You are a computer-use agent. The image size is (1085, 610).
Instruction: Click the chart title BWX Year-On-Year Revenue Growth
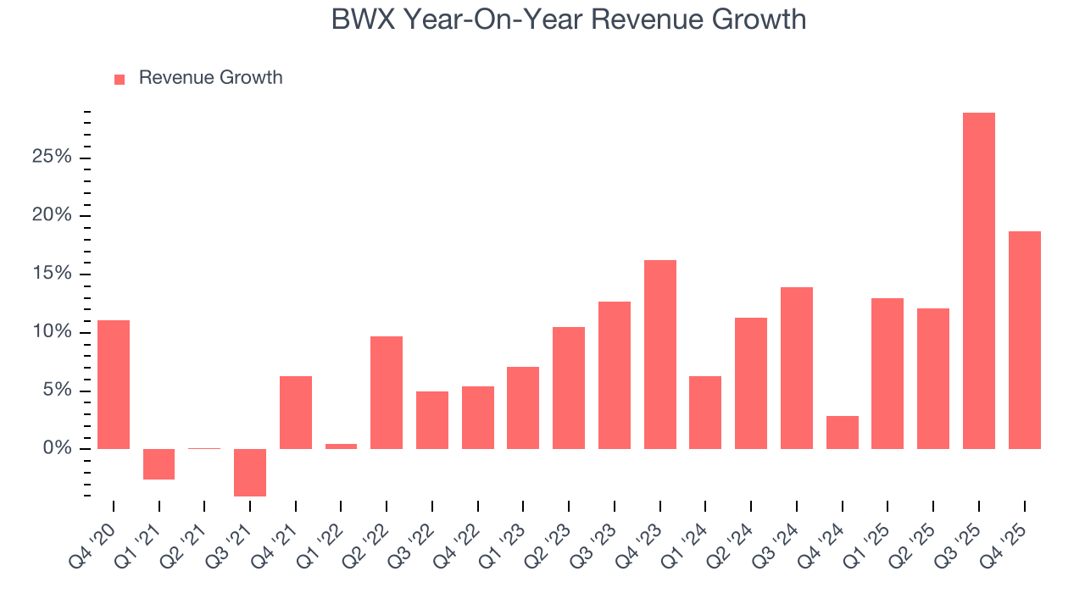568,20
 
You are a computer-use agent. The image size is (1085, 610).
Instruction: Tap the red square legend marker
120,79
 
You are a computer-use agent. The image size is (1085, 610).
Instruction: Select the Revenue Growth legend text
210,78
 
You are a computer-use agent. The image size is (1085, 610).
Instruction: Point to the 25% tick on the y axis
51,158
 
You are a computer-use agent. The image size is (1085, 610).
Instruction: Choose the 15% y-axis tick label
51,274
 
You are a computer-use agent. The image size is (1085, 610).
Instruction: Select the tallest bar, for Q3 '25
978,280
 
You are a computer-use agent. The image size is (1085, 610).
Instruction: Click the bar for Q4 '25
1024,340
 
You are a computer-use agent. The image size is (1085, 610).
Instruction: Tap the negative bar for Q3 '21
250,472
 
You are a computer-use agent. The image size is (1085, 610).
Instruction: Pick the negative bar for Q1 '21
159,464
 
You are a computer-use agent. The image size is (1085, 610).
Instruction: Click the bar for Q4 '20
114,384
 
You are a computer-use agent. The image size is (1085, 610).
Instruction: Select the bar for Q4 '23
660,354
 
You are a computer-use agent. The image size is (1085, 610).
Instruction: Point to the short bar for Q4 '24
842,432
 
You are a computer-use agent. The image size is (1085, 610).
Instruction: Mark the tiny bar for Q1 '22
341,446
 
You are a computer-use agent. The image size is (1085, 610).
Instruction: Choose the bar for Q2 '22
387,392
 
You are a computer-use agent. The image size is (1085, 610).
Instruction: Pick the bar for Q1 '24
705,412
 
